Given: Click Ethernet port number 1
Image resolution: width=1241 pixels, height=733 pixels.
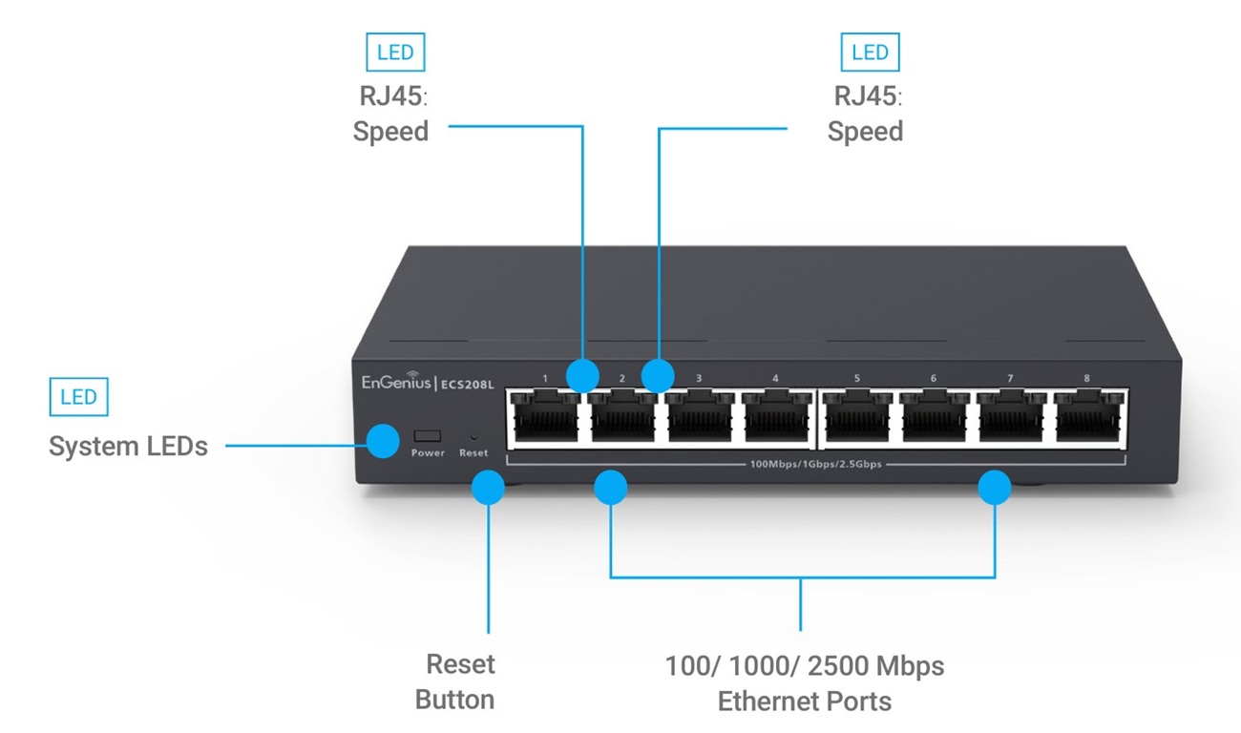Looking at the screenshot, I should pyautogui.click(x=544, y=418).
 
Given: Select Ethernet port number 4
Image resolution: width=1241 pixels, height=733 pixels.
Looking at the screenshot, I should pyautogui.click(x=775, y=418).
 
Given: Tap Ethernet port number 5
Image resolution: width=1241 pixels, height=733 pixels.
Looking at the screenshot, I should pyautogui.click(x=856, y=418).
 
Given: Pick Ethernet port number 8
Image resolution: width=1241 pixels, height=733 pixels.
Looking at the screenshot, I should pyautogui.click(x=1088, y=418).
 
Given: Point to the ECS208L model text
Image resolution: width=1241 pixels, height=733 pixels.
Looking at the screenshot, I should pyautogui.click(x=468, y=384).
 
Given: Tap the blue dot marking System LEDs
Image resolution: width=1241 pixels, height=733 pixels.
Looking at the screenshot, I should pyautogui.click(x=383, y=441).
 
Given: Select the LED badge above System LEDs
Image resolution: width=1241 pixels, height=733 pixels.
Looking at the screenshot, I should pyautogui.click(x=78, y=397).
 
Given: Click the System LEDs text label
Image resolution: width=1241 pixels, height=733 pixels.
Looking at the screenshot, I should pyautogui.click(x=128, y=446).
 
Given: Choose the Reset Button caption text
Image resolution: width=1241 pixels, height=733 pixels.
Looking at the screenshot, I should pyautogui.click(x=456, y=681).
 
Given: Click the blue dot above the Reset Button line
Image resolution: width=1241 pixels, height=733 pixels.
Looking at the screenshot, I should pyautogui.click(x=488, y=488).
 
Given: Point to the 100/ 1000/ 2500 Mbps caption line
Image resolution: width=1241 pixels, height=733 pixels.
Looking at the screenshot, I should pyautogui.click(x=805, y=665).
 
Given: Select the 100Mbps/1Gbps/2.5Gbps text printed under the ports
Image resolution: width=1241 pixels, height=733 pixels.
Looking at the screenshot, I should pyautogui.click(x=815, y=465).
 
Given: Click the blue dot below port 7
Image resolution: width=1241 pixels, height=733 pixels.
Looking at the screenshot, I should pyautogui.click(x=995, y=488).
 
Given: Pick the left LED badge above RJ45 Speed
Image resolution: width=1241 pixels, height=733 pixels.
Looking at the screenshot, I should pyautogui.click(x=395, y=52).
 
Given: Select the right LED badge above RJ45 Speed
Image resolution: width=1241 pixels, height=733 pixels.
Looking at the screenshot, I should pyautogui.click(x=870, y=52).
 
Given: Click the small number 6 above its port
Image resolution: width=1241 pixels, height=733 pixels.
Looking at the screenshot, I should pyautogui.click(x=933, y=379).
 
